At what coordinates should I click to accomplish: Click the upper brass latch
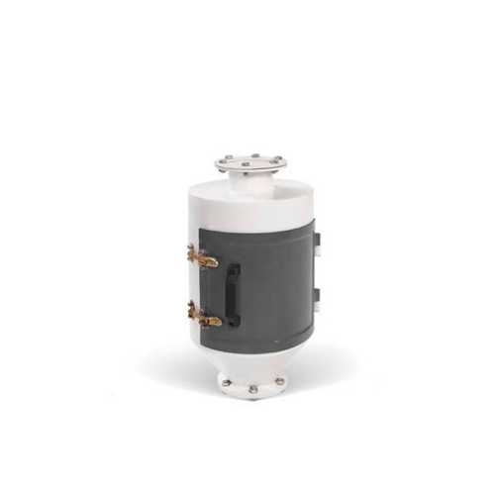203,259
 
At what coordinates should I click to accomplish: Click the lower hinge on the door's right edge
317,294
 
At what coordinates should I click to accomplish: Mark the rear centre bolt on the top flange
253,155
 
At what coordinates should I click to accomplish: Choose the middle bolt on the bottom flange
253,389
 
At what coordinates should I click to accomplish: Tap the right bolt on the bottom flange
279,382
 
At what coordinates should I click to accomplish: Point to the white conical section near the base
252,359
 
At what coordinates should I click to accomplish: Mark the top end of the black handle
233,267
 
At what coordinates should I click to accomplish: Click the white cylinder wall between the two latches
192,288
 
